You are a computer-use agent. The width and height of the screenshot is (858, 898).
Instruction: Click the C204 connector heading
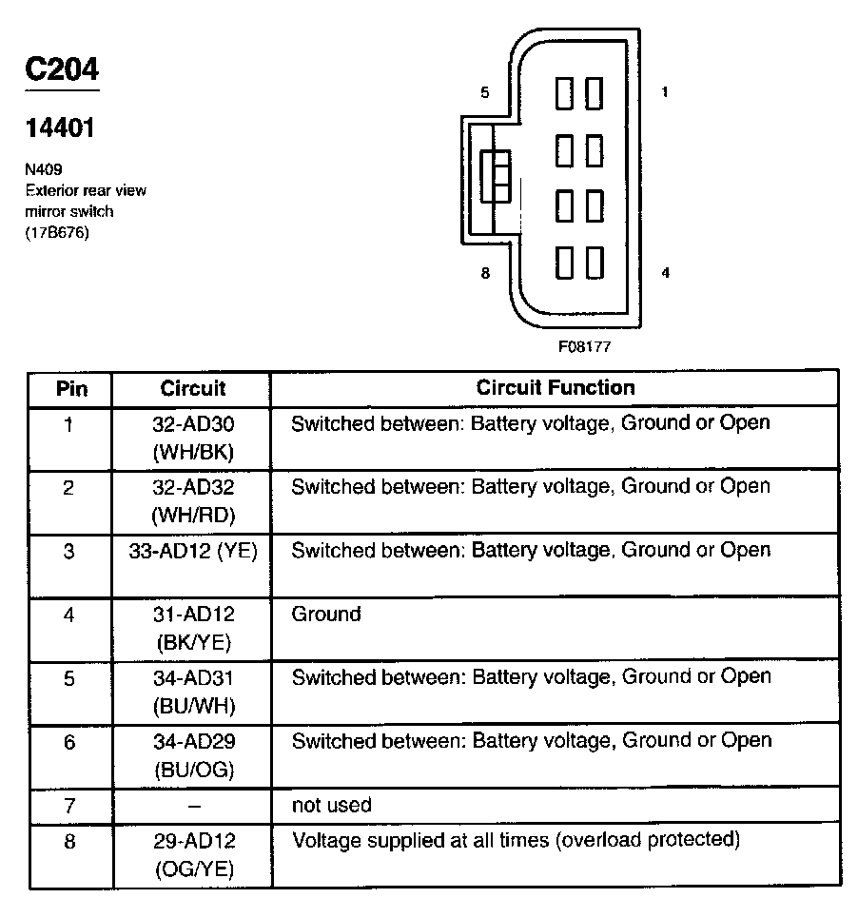click(x=61, y=69)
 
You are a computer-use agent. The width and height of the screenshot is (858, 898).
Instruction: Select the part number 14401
click(x=60, y=127)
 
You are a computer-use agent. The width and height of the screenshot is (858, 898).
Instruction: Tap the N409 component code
click(x=43, y=170)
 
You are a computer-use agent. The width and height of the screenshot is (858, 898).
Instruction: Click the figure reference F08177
click(x=584, y=347)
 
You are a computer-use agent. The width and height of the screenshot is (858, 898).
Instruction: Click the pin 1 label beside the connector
click(x=665, y=92)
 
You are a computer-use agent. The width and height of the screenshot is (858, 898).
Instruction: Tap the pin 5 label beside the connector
click(x=485, y=92)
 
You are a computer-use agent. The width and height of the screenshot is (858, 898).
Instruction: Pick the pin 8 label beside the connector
click(x=485, y=273)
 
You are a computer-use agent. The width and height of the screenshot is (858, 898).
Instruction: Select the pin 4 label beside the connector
click(x=665, y=273)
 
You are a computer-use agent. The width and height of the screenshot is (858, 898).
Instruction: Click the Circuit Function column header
click(x=555, y=388)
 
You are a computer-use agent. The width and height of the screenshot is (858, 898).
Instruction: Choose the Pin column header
click(x=71, y=388)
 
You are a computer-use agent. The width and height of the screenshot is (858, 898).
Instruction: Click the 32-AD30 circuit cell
click(x=193, y=424)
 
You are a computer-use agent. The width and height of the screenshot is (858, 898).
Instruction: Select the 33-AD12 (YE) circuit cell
click(x=193, y=551)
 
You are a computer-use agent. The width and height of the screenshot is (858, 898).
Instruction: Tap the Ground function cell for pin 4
click(x=326, y=615)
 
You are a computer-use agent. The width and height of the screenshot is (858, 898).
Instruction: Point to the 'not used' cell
click(x=331, y=805)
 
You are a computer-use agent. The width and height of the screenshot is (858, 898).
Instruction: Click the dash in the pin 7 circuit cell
click(x=193, y=806)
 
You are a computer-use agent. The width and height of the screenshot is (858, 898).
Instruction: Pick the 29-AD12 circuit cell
click(x=193, y=841)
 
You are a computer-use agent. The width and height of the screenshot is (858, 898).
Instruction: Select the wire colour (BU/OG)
click(x=193, y=770)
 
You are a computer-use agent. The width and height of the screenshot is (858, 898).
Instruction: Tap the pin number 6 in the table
click(x=69, y=742)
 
